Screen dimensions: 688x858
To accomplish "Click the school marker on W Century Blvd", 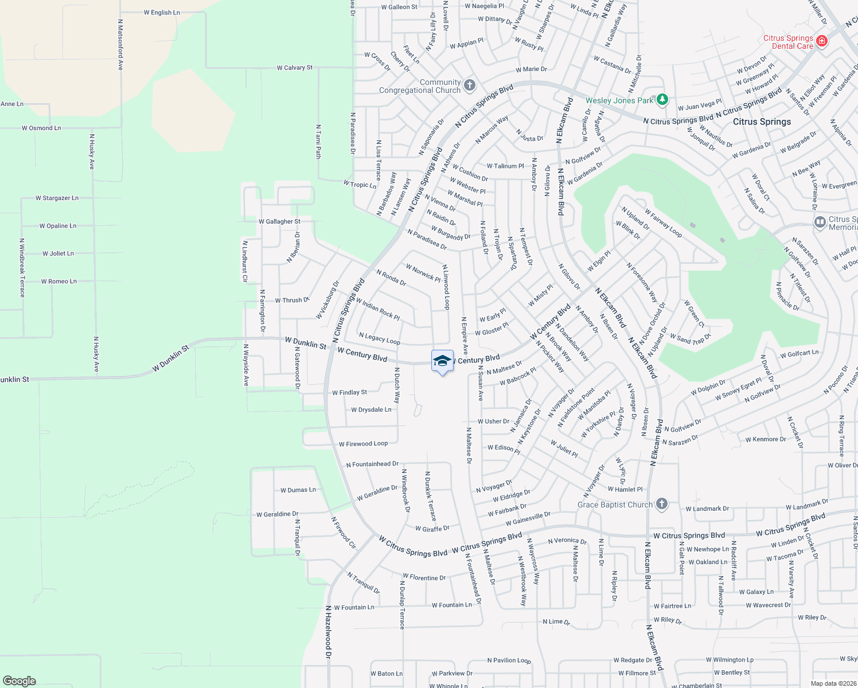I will [442, 361].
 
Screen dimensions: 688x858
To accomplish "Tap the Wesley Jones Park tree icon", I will [662, 100].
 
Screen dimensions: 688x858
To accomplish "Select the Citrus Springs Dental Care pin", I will [821, 41].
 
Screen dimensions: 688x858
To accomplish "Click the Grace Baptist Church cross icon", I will [662, 504].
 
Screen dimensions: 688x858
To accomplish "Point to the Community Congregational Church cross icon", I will [470, 85].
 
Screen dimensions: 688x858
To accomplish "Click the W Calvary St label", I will [295, 68].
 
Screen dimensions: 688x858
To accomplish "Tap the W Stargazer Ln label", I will [57, 198].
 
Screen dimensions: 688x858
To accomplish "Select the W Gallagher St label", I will [279, 221].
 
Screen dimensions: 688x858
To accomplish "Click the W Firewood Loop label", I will [363, 444].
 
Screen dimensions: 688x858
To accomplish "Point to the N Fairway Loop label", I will [663, 222].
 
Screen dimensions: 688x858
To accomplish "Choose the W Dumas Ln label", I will [298, 490].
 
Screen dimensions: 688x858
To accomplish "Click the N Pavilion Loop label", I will [509, 660].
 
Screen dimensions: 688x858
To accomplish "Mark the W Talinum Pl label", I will [505, 166].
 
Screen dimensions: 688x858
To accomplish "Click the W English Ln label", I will [162, 13].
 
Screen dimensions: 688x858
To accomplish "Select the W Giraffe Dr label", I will [432, 529].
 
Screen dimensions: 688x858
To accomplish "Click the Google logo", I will [19, 681].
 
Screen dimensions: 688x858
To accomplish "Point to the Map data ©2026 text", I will [831, 683].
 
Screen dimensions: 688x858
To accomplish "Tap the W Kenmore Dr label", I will [766, 440].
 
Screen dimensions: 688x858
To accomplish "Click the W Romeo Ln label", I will [58, 282].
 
